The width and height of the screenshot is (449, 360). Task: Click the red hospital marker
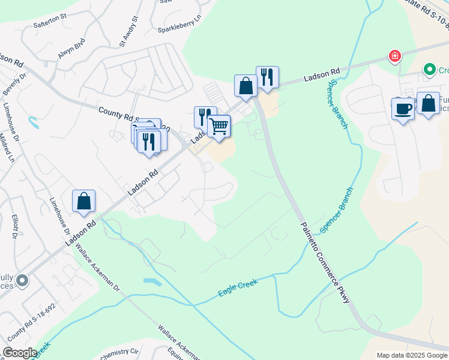[x=395, y=56]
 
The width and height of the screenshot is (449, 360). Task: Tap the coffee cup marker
[x=403, y=109]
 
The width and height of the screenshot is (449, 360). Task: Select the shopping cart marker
[x=219, y=126]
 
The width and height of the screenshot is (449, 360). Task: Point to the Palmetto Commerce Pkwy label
[x=325, y=262]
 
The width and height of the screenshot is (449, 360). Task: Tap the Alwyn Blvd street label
[x=71, y=49]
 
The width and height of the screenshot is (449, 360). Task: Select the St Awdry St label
[x=128, y=31]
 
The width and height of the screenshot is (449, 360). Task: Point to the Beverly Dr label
[x=16, y=84]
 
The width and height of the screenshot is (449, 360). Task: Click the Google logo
[x=19, y=353]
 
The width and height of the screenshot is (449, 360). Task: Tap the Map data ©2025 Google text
[x=411, y=355]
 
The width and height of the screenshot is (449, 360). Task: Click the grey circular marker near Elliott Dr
[x=23, y=280]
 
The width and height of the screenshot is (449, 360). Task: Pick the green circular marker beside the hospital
[x=429, y=70]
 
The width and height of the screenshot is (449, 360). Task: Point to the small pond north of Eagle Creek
[x=152, y=281]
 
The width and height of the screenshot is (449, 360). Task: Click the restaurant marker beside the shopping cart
[x=205, y=116]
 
